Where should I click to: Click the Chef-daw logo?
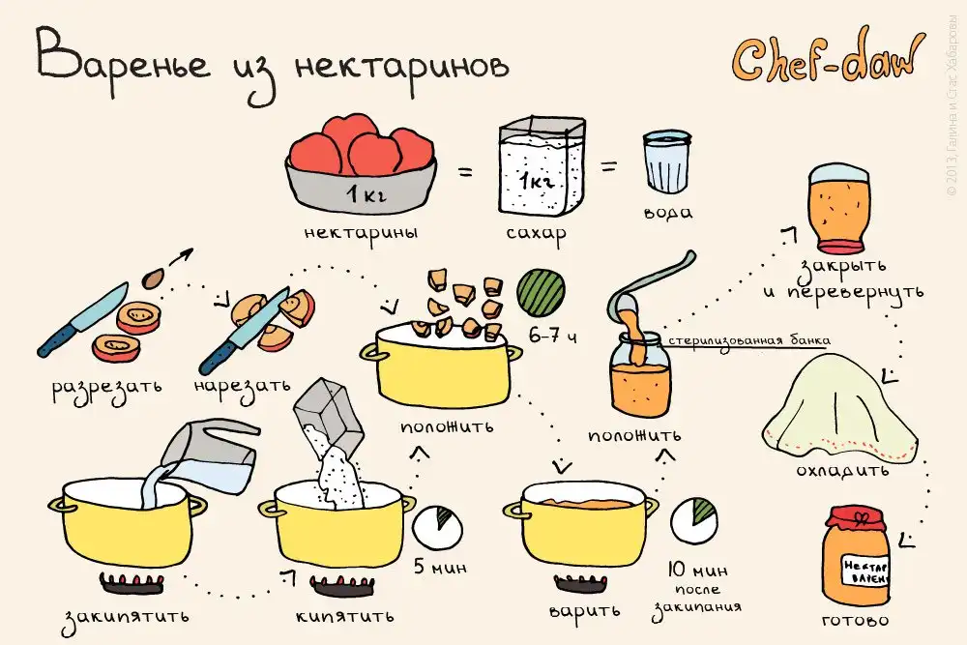point(828,60)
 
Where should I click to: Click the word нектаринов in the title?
point(402,67)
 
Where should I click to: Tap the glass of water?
point(666,161)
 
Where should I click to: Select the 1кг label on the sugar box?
point(537,181)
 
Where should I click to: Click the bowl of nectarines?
point(362,162)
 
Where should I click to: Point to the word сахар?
point(536,234)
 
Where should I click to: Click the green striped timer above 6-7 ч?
point(541,292)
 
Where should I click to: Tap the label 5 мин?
point(440,567)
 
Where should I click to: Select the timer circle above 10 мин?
point(693,521)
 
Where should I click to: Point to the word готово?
point(856,620)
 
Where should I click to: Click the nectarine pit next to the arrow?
point(153,279)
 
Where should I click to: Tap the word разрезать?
point(106,389)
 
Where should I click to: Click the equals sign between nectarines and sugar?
point(465,172)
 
